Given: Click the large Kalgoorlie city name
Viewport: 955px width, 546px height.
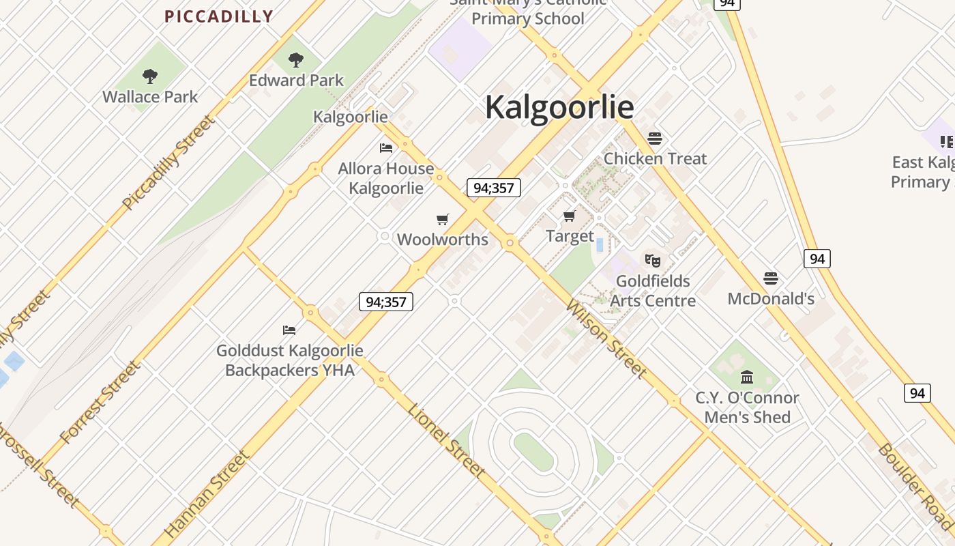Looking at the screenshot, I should (559, 107).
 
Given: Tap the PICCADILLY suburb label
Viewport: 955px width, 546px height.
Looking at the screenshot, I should (219, 16).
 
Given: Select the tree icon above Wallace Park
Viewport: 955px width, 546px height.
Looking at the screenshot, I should (150, 76).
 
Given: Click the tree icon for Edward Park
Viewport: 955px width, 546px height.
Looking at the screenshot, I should (295, 60).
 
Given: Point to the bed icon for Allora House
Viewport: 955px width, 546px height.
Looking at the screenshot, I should (386, 147).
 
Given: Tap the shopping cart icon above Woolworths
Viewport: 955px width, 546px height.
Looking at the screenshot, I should (443, 219).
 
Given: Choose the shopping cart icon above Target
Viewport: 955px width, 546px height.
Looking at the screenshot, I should (570, 216).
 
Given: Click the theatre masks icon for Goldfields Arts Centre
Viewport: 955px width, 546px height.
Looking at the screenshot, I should (653, 260).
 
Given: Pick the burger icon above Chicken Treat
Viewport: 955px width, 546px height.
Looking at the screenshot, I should (655, 139).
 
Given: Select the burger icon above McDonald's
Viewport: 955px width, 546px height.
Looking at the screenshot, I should (771, 278).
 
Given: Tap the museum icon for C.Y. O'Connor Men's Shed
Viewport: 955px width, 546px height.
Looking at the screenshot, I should (747, 377).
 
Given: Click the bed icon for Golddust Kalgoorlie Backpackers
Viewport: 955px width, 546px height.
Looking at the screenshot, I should (289, 330).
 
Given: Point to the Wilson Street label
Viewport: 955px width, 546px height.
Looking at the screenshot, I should (606, 338).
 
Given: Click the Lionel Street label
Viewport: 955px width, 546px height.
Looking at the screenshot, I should (447, 440).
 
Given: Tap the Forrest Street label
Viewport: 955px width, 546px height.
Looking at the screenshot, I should (100, 403).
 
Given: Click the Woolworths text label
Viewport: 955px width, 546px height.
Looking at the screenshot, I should (443, 240).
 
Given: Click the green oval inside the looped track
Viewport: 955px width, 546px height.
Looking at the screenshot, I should (533, 451).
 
